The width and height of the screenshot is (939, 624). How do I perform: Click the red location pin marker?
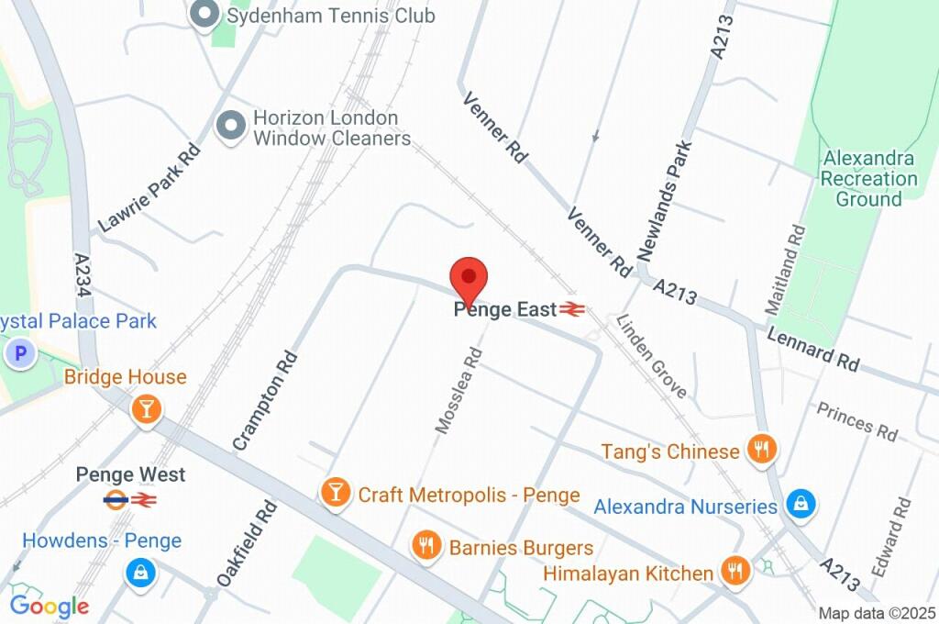[x=469, y=277]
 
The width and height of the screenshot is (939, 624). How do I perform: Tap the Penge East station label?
[x=505, y=310]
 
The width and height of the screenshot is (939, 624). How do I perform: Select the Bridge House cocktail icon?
[x=145, y=409]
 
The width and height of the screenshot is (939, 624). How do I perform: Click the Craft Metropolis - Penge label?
[x=469, y=496]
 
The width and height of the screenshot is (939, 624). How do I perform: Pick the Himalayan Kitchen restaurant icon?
[x=735, y=571]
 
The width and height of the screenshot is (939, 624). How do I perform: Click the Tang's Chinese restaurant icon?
[x=762, y=450]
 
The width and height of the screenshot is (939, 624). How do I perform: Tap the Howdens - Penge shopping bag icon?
[x=140, y=574]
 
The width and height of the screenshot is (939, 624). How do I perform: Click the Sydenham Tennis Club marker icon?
[x=204, y=15]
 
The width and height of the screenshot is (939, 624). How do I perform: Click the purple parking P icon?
[x=19, y=352]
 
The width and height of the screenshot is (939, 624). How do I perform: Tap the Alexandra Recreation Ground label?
[x=868, y=178]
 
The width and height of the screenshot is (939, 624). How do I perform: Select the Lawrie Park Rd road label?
[x=149, y=187]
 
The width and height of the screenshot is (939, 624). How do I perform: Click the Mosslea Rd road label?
[x=458, y=390]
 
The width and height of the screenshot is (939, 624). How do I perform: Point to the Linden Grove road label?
[x=651, y=356]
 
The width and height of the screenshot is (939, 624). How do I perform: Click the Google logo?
[x=49, y=606]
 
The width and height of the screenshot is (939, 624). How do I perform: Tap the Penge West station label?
[x=130, y=474]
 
